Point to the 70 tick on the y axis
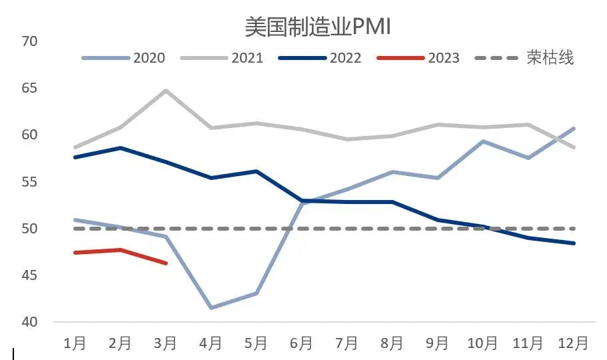(30, 41)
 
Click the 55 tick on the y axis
(30, 182)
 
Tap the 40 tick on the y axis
(30, 322)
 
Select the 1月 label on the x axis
(75, 343)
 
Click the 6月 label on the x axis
(301, 343)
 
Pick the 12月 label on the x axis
(572, 343)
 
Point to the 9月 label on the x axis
(437, 343)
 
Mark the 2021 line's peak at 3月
(165, 90)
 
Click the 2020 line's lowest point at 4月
(211, 308)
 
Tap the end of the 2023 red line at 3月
(166, 263)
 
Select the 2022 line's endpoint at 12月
(573, 243)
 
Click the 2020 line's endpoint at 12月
(573, 128)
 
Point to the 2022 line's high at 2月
(120, 147)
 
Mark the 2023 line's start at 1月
(75, 253)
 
